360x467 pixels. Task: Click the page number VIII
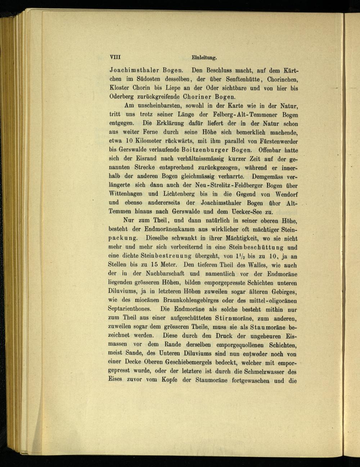pos(115,57)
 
